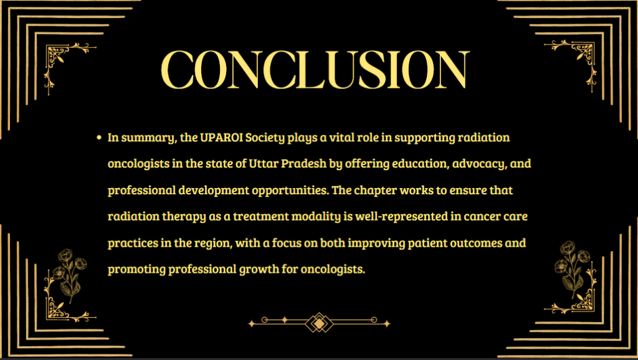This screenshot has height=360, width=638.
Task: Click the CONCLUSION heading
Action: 315,69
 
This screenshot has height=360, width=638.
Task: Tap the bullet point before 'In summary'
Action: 99,138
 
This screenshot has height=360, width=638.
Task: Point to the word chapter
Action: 375,191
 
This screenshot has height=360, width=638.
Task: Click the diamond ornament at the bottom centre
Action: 320,323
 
